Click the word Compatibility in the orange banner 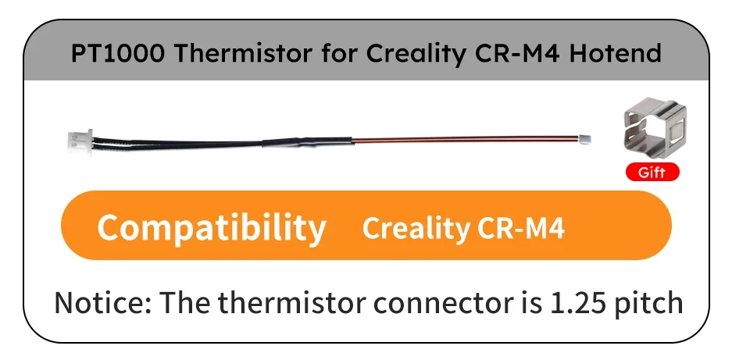(x=211, y=227)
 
